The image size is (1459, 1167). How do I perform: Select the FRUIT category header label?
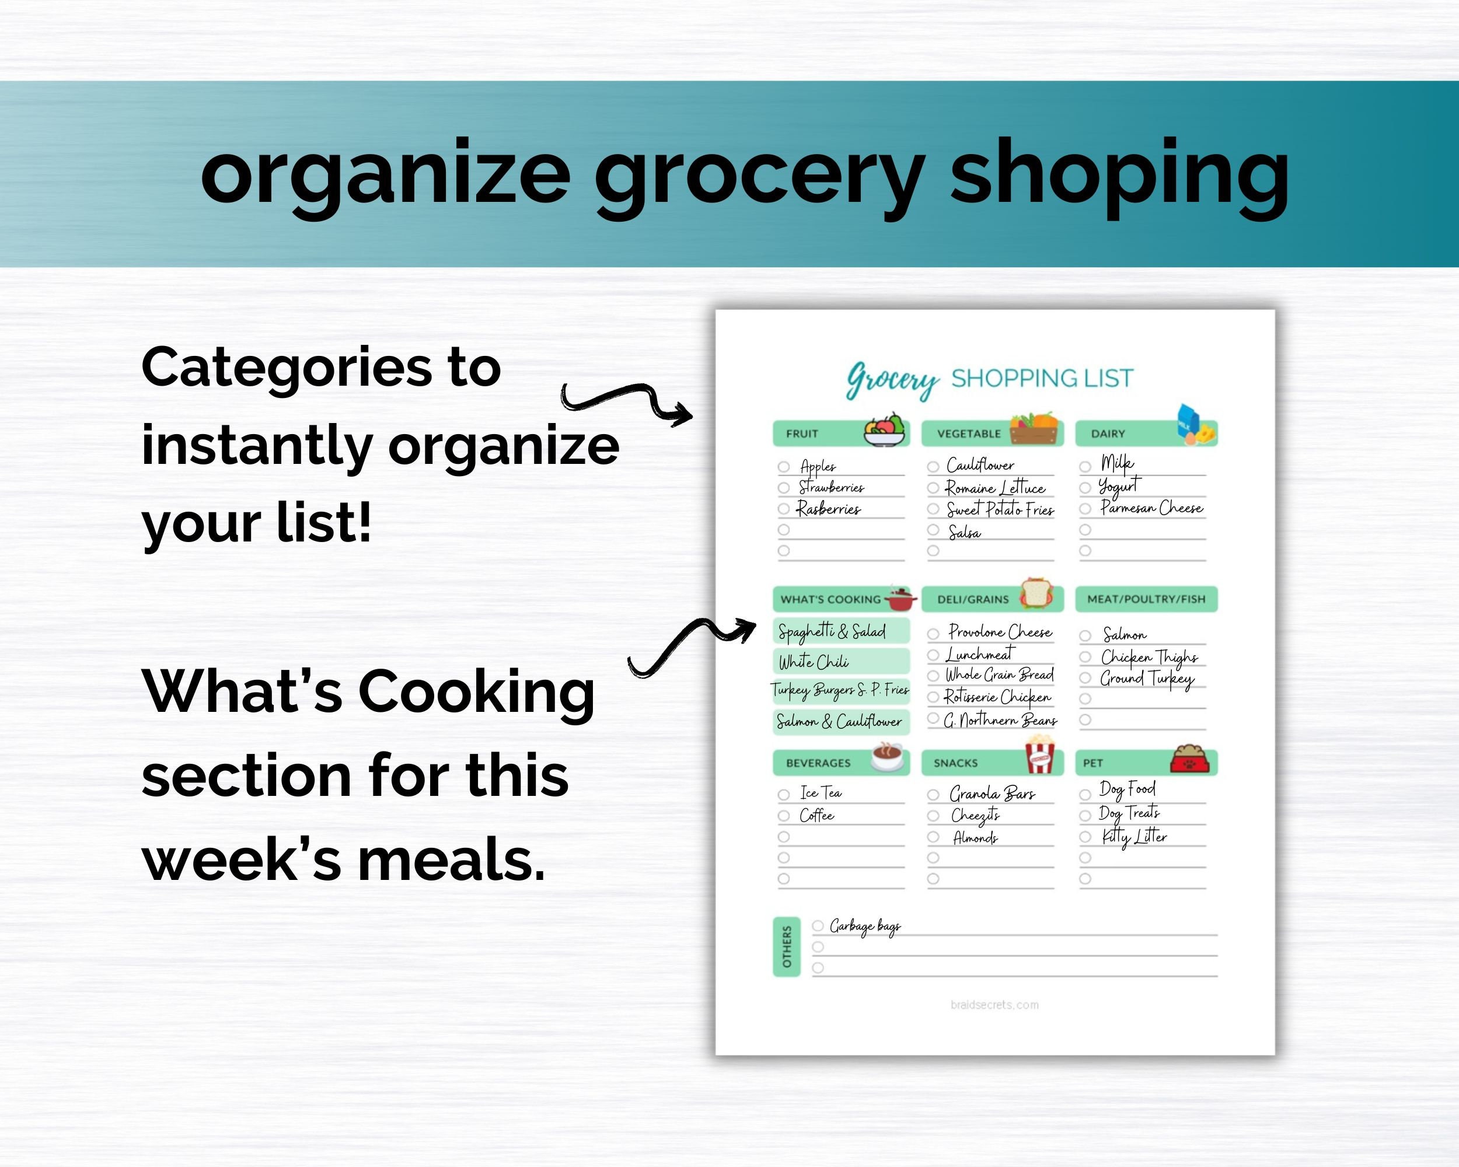click(802, 434)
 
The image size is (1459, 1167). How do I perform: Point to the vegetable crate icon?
click(1034, 428)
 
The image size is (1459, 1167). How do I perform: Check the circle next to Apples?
click(784, 467)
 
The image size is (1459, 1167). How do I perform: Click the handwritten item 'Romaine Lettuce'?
click(995, 488)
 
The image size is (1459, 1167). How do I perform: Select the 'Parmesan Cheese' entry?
click(1151, 508)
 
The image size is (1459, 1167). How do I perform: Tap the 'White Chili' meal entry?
click(814, 662)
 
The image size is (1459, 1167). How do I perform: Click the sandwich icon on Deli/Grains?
click(1036, 593)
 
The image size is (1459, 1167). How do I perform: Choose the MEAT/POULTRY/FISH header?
click(1146, 599)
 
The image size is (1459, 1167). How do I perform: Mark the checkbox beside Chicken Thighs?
click(1085, 657)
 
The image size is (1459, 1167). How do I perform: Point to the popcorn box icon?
click(1039, 756)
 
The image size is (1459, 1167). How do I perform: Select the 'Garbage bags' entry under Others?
click(864, 925)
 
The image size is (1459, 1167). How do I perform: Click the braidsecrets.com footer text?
click(994, 1005)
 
